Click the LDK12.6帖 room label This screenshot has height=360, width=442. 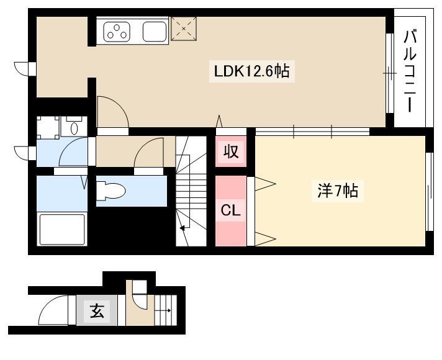(x=251, y=71)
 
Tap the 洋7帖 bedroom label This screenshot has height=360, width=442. (x=338, y=191)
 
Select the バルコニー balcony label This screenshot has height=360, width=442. (x=410, y=71)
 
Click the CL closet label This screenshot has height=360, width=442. (x=230, y=210)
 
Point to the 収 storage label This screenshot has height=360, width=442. (x=231, y=151)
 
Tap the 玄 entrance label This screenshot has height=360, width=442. (x=97, y=310)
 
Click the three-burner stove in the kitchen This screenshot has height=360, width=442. (x=117, y=32)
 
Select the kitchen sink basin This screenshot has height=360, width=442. (x=155, y=32)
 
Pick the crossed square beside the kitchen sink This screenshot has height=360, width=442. (x=184, y=29)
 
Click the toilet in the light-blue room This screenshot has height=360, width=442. (x=110, y=191)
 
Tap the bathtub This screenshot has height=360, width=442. (x=62, y=230)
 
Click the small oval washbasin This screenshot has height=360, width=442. (x=74, y=128)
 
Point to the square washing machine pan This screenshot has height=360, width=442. (x=48, y=128)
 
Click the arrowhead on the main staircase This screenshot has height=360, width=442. (x=183, y=227)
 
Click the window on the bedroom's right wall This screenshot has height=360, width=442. (x=429, y=192)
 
